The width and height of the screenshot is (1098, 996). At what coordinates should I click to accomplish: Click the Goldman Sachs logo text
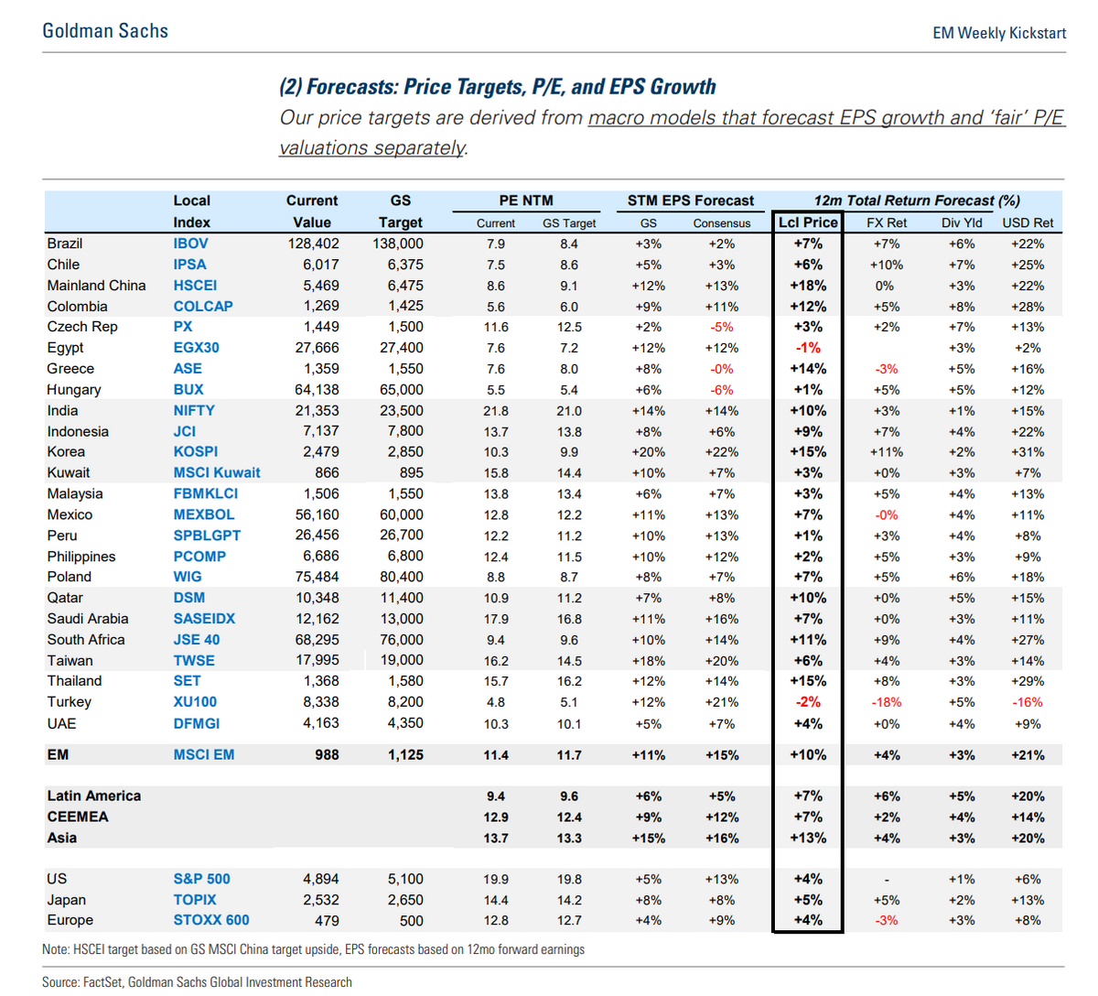(105, 31)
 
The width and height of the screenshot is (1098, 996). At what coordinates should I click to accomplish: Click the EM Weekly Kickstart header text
(999, 33)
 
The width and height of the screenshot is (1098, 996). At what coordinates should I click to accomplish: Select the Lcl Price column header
(808, 222)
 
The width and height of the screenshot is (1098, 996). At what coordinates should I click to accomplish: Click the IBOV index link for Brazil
(190, 244)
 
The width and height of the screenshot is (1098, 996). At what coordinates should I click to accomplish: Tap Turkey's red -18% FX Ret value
(886, 702)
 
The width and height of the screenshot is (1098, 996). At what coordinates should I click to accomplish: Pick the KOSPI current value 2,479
(321, 452)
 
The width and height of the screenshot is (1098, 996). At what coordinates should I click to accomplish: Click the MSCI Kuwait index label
(217, 472)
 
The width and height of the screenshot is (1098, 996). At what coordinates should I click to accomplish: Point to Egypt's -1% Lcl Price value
(808, 348)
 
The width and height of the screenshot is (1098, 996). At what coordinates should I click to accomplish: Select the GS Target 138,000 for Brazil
(398, 244)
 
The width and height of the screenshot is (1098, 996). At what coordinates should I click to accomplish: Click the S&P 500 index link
(201, 879)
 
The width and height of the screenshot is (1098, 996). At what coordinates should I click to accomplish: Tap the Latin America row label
(94, 796)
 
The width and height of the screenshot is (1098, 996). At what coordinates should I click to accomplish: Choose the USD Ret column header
(1028, 223)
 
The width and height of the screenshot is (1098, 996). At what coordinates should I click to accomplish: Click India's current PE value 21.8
(495, 411)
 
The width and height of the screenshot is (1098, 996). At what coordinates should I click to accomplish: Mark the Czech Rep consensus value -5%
(721, 327)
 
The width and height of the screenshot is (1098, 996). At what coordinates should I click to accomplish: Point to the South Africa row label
(86, 640)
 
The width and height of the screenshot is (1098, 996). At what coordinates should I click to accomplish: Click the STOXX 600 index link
(211, 920)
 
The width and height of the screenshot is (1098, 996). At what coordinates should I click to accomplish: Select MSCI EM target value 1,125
(405, 755)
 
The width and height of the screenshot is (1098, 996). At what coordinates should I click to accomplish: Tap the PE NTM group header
(526, 200)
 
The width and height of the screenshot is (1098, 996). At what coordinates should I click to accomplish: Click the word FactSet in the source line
(102, 982)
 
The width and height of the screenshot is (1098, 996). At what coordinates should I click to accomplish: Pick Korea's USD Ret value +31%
(1028, 452)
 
